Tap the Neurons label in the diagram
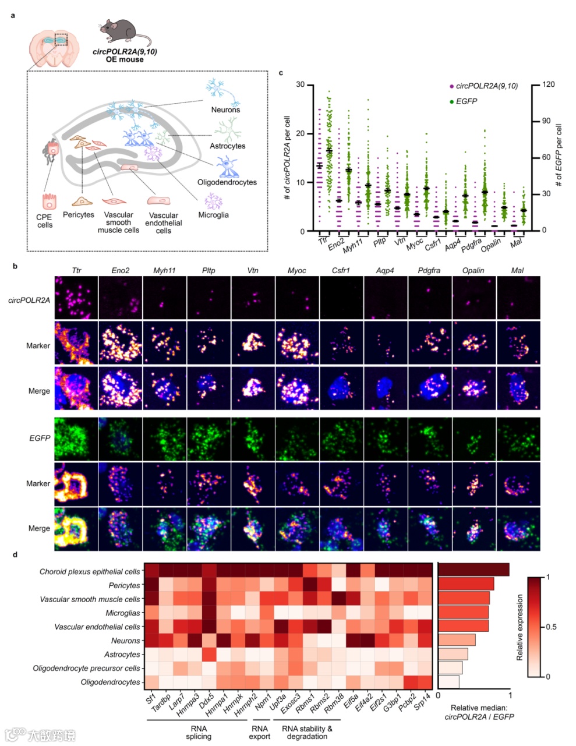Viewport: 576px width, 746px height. pos(225,109)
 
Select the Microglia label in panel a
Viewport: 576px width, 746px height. pos(213,215)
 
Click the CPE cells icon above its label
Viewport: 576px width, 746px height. pos(48,201)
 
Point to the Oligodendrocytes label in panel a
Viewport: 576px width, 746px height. pos(227,182)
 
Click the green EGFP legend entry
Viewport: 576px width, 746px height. pos(466,101)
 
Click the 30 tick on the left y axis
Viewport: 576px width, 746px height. pos(301,84)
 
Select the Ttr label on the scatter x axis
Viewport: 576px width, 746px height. pos(323,240)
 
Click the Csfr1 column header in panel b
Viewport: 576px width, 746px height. pos(341,270)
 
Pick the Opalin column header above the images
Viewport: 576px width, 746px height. pos(473,270)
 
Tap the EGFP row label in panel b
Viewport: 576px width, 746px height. pos(40,438)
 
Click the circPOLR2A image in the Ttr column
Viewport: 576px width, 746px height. pos(76,297)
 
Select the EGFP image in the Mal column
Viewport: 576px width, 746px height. pos(518,438)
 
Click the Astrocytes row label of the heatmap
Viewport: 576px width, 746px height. pos(122,655)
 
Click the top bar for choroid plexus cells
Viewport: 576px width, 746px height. pos(473,570)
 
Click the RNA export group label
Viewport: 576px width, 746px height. pos(260,732)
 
